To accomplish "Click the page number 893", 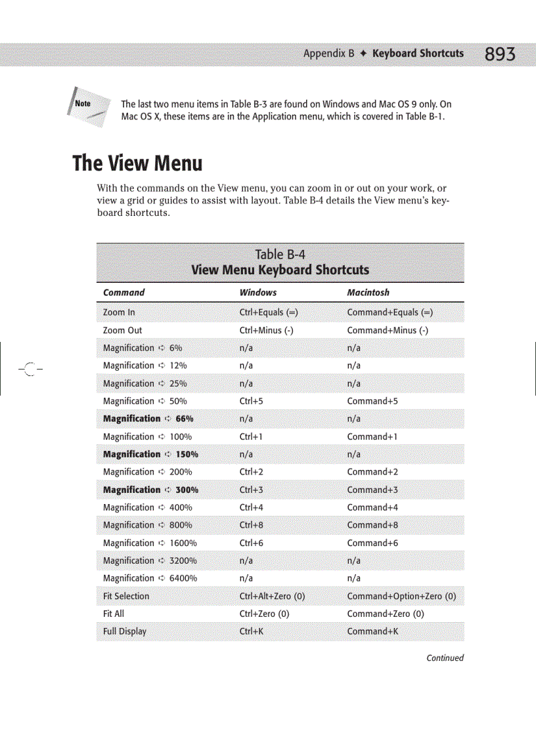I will (500, 54).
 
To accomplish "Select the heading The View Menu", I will (137, 163).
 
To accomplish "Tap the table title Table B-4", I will (280, 255).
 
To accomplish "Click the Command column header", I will (123, 293).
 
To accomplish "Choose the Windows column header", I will (258, 293).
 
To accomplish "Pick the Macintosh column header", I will (368, 293).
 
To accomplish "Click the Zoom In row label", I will (119, 312).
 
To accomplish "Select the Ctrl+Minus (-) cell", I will (266, 330).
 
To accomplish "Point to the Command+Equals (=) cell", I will (390, 312).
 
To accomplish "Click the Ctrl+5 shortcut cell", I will (252, 401).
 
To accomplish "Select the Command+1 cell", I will (372, 436).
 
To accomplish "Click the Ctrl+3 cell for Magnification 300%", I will (252, 490).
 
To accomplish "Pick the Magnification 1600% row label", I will (150, 543).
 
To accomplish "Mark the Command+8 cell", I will (372, 525).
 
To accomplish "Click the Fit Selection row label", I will (126, 596).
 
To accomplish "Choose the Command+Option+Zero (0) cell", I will (401, 596).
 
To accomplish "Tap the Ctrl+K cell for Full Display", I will (252, 631).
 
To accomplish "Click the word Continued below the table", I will (445, 658).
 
